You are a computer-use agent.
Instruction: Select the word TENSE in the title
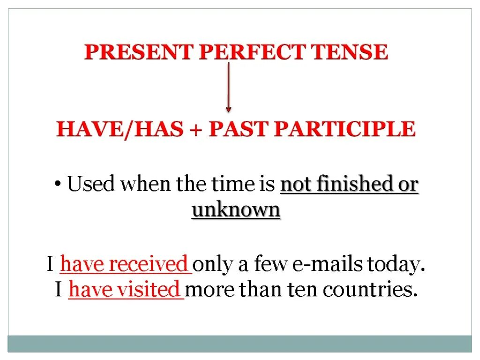click(352, 52)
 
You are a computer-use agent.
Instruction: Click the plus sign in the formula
click(196, 129)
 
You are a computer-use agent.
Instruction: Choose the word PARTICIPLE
click(345, 129)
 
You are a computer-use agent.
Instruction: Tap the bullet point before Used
click(58, 184)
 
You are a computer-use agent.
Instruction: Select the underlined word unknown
click(236, 210)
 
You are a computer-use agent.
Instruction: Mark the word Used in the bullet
click(91, 184)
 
